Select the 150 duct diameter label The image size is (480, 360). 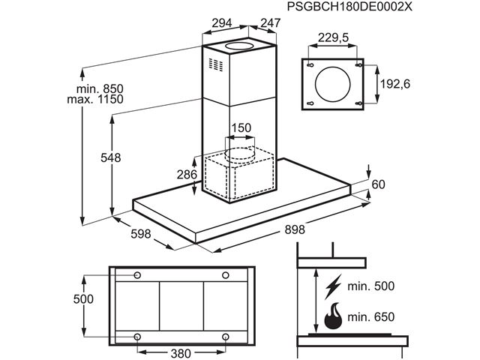tap(240, 128)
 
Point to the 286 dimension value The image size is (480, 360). tap(186, 175)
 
